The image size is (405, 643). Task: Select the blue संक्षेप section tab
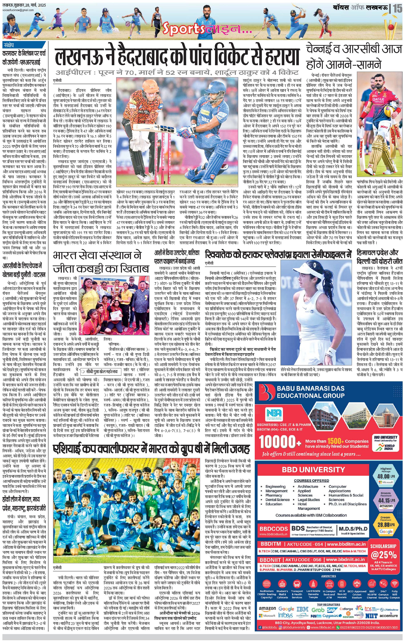(x=11, y=45)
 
